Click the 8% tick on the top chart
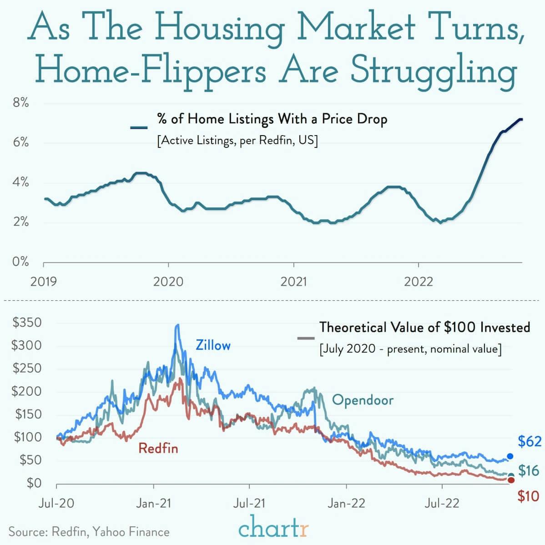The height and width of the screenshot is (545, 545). click(x=20, y=103)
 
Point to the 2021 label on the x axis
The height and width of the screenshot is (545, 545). click(x=293, y=282)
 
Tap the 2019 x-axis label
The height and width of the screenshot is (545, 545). click(x=44, y=282)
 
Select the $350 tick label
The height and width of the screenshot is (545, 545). click(x=27, y=323)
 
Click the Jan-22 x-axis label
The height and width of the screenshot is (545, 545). click(x=346, y=503)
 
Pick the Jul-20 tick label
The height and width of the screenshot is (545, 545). click(x=56, y=503)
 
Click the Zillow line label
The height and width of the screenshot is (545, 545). click(x=213, y=345)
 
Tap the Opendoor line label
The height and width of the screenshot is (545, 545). click(x=363, y=400)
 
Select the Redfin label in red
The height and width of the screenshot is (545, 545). click(x=158, y=449)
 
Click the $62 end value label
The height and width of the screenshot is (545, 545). click(x=530, y=441)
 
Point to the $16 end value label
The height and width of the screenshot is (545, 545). click(x=529, y=471)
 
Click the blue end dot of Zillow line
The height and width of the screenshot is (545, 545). click(x=510, y=456)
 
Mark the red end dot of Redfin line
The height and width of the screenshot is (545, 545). click(x=510, y=480)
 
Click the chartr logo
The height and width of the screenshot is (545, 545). click(x=273, y=528)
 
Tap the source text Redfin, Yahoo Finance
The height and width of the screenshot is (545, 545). click(x=89, y=532)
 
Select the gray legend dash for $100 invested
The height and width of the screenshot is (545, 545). click(x=306, y=338)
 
